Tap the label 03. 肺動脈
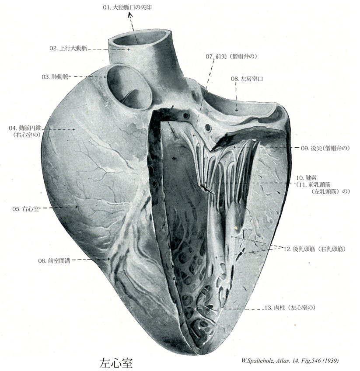55,77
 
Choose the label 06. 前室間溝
54,260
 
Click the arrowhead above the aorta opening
130,16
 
